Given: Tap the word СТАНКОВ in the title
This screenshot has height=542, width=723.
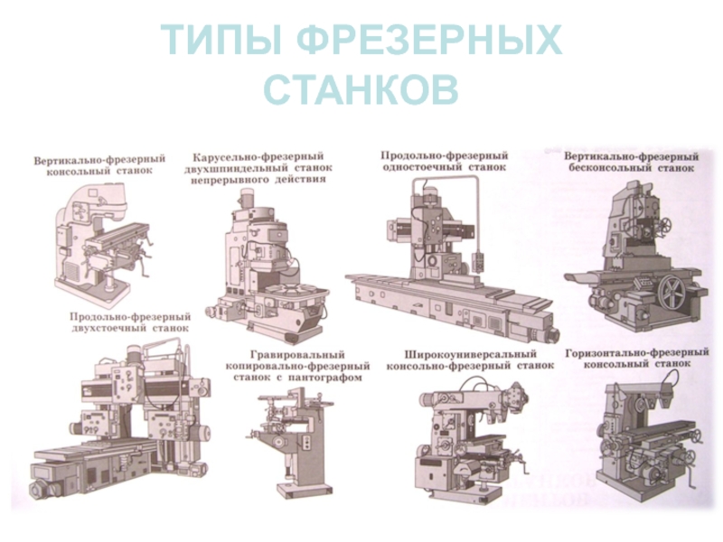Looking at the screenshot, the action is (x=361, y=89).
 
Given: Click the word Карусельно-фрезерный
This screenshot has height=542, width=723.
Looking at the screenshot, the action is (x=258, y=157).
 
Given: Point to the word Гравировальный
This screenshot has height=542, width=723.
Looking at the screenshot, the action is (x=297, y=355).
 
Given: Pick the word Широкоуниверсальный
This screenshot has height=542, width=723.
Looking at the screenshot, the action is (x=470, y=354).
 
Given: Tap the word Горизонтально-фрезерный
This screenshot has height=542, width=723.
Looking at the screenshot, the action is (x=637, y=352).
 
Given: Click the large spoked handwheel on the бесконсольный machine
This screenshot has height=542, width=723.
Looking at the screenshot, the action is (x=671, y=292).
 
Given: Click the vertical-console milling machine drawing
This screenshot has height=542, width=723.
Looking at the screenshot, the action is (x=104, y=244).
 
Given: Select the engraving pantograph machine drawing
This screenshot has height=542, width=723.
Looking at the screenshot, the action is (x=291, y=443).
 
